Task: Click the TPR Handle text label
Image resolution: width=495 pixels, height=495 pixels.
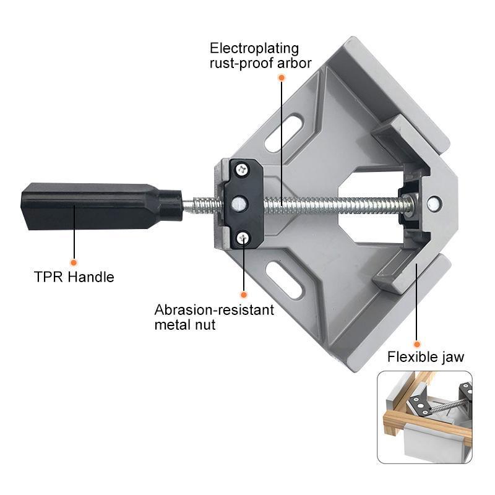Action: (x=74, y=277)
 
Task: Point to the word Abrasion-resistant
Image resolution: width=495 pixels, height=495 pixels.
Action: (x=214, y=309)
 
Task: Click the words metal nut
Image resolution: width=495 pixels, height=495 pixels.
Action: (x=185, y=324)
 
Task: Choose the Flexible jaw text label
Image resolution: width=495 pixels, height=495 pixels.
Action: (x=426, y=357)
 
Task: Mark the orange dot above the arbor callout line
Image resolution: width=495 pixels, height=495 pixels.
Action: (x=282, y=78)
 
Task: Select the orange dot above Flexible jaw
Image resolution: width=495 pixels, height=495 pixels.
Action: (x=417, y=343)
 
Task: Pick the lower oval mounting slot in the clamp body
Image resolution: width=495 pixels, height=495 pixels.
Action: (x=285, y=278)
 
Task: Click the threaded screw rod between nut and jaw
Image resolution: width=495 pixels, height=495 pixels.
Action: (x=334, y=205)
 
